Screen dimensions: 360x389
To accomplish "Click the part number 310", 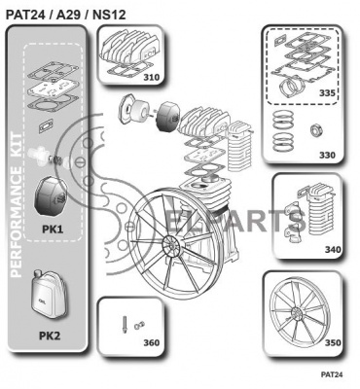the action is coord(152,77).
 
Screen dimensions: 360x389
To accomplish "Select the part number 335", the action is coord(327,93).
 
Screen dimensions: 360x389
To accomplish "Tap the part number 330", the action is coord(327,155).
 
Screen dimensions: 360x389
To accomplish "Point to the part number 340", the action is coord(333,250).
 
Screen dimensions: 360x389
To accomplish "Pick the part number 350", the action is coord(333,342).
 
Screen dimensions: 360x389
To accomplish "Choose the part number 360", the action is coord(152,342).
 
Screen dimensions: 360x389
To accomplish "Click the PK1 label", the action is coord(53,230).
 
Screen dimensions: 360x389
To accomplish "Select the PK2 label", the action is coord(50,336).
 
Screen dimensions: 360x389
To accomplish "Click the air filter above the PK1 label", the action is coord(51,196).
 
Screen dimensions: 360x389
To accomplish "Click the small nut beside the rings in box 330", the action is coord(316,130).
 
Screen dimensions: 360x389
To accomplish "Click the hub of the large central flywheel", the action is coord(170,243).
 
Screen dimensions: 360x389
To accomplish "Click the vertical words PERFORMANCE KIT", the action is coord(17,205).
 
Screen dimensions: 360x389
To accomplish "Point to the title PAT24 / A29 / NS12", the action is coord(65,15).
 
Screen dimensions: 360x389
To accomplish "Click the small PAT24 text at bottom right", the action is coord(332,374).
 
